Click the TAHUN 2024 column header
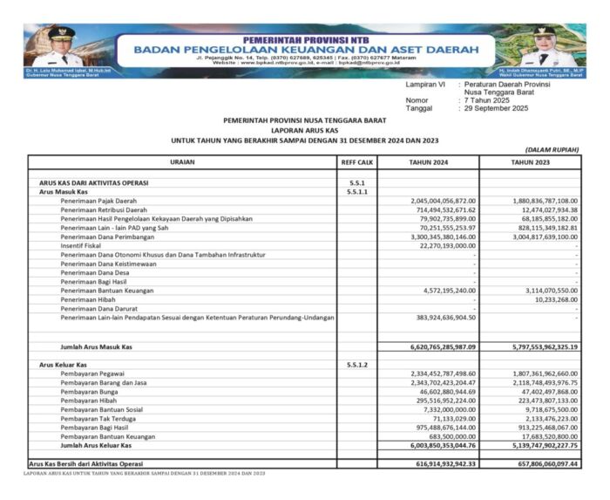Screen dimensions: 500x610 pyautogui.click(x=428, y=162)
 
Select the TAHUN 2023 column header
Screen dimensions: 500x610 pyautogui.click(x=530, y=162)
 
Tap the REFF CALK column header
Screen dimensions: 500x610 pyautogui.click(x=356, y=162)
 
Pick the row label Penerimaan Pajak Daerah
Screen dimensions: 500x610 pyautogui.click(x=99, y=200)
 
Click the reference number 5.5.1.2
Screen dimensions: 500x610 pyautogui.click(x=356, y=365)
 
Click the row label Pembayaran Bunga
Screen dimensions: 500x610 pyautogui.click(x=90, y=392)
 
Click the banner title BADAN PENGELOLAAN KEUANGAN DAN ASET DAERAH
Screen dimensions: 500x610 pyautogui.click(x=304, y=50)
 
